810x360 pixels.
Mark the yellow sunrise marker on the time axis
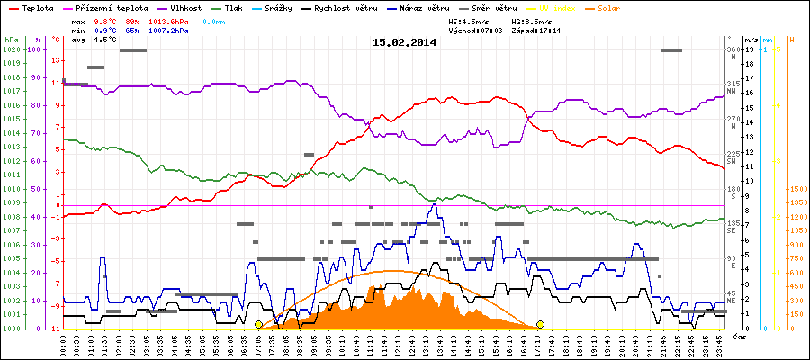[258, 324]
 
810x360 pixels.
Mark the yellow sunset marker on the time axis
[541, 324]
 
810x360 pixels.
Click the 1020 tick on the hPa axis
[11, 49]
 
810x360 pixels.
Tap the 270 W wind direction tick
[733, 121]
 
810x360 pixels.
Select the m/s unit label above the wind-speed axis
[751, 40]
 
